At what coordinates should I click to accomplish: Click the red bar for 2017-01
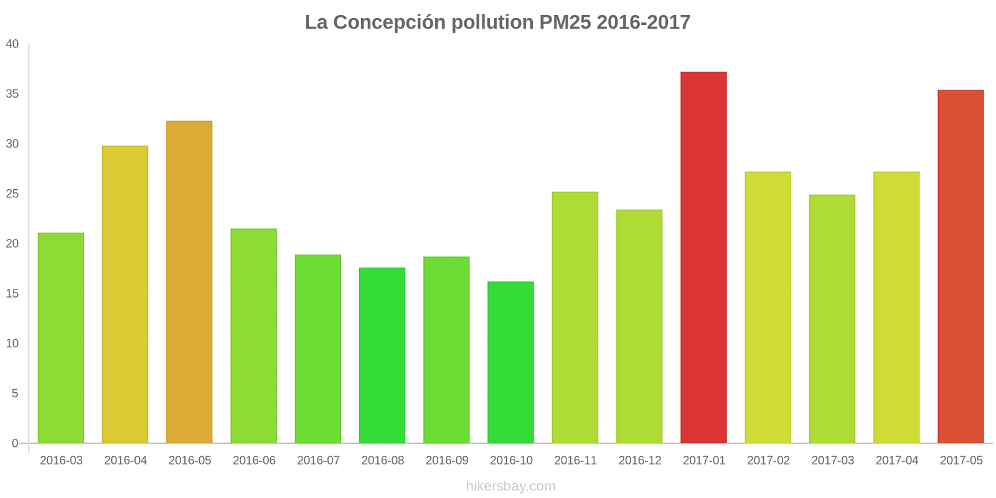pos(703,258)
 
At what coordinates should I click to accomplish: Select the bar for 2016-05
pos(189,282)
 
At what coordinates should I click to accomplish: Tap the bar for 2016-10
pos(510,362)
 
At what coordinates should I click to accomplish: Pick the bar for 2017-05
pos(961,266)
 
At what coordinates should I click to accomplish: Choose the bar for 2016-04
pos(125,294)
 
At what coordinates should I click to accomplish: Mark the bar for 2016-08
pos(382,355)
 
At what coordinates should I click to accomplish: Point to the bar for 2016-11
pos(575,317)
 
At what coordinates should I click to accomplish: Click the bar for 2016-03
pos(61,338)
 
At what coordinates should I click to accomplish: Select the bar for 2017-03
pos(832,319)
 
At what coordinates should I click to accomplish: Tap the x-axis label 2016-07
pos(318,461)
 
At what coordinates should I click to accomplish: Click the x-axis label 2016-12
pos(640,461)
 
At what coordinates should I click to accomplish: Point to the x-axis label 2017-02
pos(768,461)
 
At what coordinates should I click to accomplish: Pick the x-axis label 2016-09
pos(447,461)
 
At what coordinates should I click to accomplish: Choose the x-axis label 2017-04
pos(897,461)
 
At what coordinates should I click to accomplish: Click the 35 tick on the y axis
pos(12,94)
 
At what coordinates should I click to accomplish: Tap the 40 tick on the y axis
pos(12,44)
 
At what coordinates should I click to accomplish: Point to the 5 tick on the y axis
pos(16,393)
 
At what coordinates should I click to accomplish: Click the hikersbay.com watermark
pos(510,486)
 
